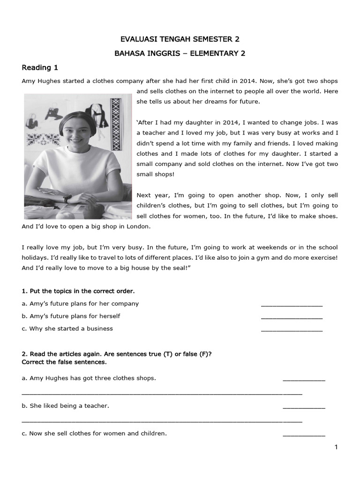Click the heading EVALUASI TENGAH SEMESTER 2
tap(180, 39)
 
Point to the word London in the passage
tap(139, 226)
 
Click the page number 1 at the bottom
tap(336, 447)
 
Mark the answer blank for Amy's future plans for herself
tap(292, 318)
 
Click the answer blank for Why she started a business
tap(292, 331)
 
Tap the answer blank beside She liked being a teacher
tap(304, 408)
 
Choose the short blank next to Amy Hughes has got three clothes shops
tap(304, 380)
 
